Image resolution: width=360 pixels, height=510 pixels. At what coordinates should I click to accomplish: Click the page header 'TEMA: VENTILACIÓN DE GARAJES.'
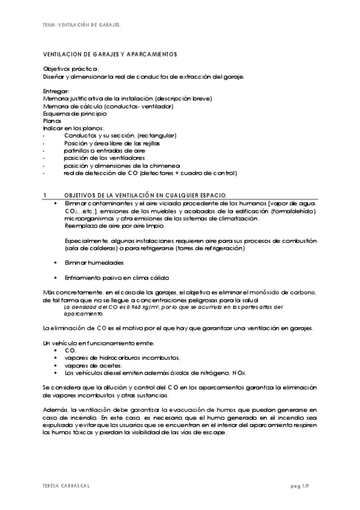click(x=82, y=25)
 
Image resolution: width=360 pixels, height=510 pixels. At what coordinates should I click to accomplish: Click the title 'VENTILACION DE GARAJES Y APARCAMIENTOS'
click(x=110, y=55)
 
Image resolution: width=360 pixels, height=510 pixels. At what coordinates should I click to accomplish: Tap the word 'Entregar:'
click(x=56, y=91)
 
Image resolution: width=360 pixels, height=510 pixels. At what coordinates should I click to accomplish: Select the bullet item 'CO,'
click(x=70, y=350)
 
